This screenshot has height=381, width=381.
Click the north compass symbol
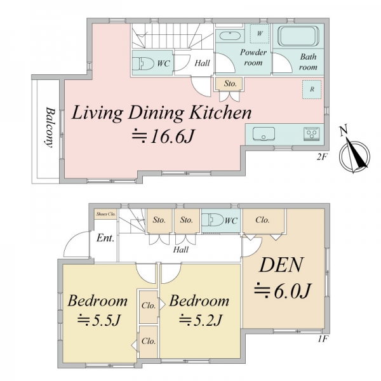[355, 152]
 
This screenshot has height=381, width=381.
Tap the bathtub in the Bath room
[298, 36]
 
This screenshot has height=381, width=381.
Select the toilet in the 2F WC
[144, 63]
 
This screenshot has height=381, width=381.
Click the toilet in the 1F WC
[213, 220]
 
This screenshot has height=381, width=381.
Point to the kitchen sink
[264, 134]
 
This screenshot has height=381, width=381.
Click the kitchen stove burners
[311, 133]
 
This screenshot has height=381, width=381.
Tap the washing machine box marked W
[260, 34]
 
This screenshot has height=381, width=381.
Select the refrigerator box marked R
[312, 90]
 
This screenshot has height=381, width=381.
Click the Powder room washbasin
[230, 36]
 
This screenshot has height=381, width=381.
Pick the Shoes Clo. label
[105, 214]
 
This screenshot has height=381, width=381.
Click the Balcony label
[50, 128]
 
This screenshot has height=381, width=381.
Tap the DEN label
[282, 265]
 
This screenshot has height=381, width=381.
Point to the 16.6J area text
[163, 137]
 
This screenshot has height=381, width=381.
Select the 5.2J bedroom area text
[201, 320]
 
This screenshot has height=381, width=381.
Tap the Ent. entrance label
[105, 238]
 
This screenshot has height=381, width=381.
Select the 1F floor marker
[323, 338]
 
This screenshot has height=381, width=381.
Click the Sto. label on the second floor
[230, 84]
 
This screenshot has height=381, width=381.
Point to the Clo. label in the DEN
[262, 220]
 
